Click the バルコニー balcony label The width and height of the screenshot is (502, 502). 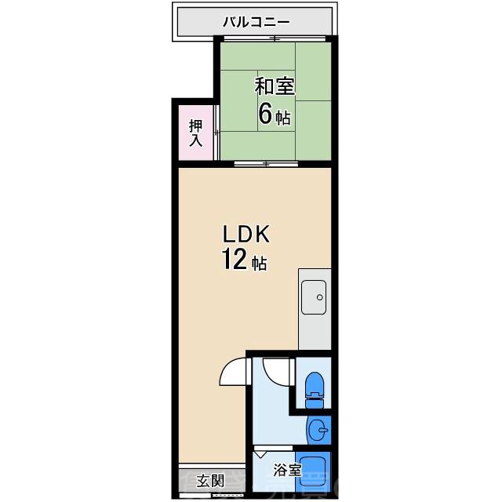point(256,22)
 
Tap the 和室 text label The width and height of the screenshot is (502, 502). point(273,85)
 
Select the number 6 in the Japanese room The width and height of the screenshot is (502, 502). point(264,115)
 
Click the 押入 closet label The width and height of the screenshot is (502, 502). point(195,133)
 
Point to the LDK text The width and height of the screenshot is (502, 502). point(247,234)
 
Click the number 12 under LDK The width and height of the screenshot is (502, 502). point(233,259)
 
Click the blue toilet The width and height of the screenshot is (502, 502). point(314,386)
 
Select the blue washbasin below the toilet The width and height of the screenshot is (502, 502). point(317,430)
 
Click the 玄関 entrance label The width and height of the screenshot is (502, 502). point(210,481)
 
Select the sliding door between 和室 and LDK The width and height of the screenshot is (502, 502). point(267,163)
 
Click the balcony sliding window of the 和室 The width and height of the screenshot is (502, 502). point(273,38)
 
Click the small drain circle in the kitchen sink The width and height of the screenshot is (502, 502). point(318,297)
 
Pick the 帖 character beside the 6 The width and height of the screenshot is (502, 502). point(283,118)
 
